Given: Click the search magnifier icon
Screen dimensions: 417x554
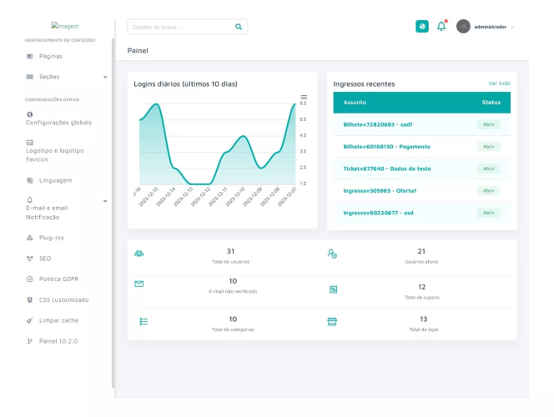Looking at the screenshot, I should [239, 27].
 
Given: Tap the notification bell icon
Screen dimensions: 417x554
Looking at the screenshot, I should [441, 27].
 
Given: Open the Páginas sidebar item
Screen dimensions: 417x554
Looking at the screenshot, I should [50, 56].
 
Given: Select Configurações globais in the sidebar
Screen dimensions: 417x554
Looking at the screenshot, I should [58, 122].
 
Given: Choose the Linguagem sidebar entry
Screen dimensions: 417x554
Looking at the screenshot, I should [55, 180].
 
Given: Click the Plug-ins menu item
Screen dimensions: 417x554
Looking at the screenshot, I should [51, 238].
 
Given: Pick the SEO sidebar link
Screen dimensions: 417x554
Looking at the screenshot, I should [44, 259].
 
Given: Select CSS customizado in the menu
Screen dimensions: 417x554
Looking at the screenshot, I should [63, 299].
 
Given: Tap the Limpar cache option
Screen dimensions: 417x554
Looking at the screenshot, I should [58, 320].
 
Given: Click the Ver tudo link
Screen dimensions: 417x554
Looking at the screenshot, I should [499, 83].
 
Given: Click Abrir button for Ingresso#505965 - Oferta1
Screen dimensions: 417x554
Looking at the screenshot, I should [489, 190].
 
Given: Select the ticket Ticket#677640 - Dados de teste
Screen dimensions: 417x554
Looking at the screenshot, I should [387, 168].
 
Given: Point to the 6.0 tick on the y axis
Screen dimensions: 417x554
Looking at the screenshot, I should [303, 103].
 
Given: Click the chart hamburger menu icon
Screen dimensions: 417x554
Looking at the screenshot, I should [304, 97].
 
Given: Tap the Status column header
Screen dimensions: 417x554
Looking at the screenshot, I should [491, 103].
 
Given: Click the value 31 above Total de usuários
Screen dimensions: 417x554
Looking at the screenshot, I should [230, 251].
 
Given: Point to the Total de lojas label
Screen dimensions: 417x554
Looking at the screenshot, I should [423, 329].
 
